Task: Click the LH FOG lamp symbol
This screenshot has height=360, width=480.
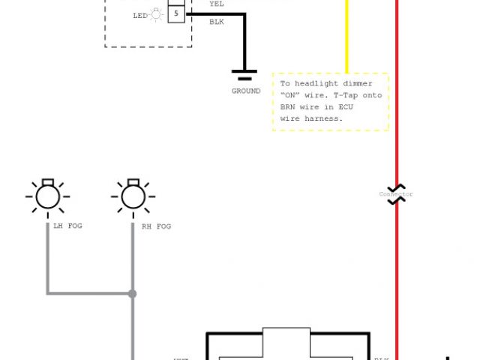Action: click(x=47, y=196)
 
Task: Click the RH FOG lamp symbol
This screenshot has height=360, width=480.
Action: click(x=133, y=196)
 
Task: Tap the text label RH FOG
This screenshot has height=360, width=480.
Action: click(x=156, y=226)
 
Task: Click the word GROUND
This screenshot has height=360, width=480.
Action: click(x=246, y=91)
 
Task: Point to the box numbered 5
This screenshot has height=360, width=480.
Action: click(x=176, y=13)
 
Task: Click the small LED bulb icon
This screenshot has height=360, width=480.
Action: click(x=157, y=14)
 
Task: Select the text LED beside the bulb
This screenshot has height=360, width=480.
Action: click(x=140, y=15)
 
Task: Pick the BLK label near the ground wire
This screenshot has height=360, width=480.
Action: click(x=216, y=22)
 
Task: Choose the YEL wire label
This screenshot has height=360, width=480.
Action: click(x=216, y=4)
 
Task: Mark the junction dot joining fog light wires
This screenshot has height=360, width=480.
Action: click(x=133, y=293)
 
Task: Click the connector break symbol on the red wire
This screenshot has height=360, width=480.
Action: click(x=396, y=193)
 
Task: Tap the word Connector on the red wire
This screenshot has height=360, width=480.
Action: click(x=396, y=194)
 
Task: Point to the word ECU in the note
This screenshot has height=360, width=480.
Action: click(x=345, y=107)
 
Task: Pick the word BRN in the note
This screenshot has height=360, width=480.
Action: click(x=288, y=107)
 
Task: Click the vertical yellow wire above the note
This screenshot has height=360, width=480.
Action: click(x=346, y=37)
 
